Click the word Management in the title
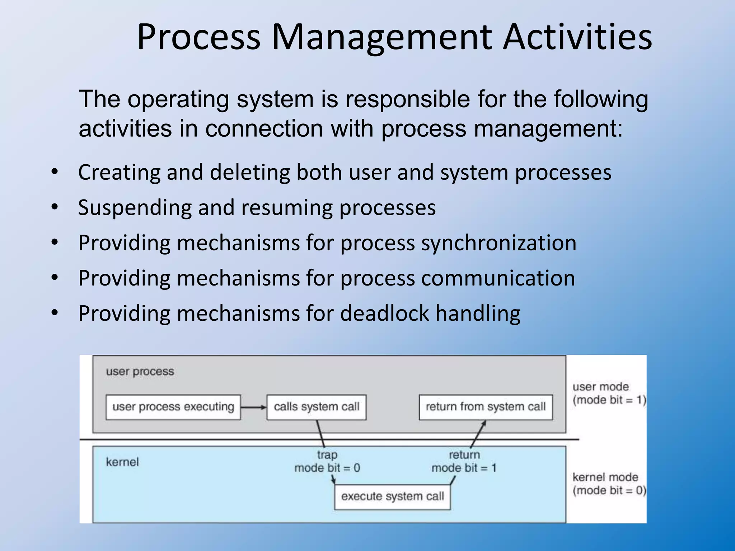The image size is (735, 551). click(x=381, y=37)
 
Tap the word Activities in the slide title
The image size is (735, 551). click(x=577, y=37)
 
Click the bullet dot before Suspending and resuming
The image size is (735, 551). click(x=55, y=207)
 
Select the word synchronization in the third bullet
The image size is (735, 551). click(x=498, y=243)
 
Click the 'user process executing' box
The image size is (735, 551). click(x=173, y=407)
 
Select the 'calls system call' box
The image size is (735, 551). click(x=316, y=407)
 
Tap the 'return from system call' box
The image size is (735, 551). click(x=486, y=407)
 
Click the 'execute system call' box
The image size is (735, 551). click(x=392, y=496)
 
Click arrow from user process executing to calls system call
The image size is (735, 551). click(x=253, y=407)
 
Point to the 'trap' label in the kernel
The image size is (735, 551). click(x=327, y=455)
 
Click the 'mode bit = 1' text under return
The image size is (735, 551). click(x=464, y=468)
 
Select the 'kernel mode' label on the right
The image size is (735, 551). click(x=605, y=477)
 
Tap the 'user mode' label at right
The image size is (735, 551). click(x=600, y=387)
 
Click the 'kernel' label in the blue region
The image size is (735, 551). click(x=122, y=462)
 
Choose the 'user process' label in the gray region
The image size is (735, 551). click(x=140, y=372)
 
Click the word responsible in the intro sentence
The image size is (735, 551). click(x=407, y=99)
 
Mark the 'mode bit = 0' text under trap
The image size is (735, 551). click(x=327, y=468)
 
